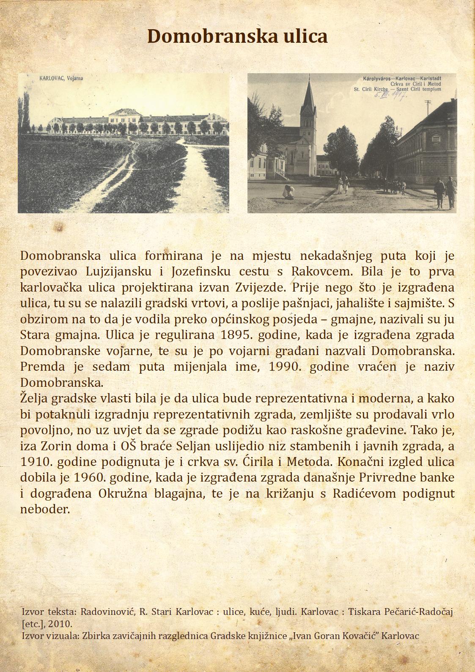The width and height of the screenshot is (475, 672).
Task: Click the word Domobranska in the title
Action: tap(198, 36)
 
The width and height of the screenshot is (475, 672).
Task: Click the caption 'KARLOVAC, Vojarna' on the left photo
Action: tap(61, 78)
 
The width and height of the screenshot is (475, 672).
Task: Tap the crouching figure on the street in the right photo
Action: tap(289, 192)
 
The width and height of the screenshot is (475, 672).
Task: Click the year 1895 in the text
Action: tap(237, 335)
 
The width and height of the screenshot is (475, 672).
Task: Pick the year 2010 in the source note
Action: tap(59, 624)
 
